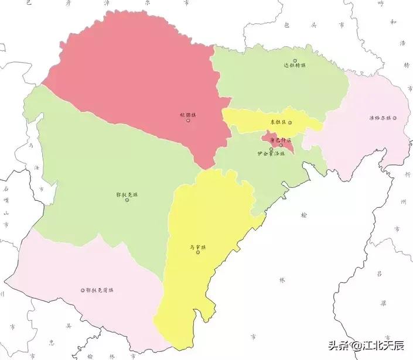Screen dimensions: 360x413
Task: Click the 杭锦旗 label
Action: click(x=187, y=115)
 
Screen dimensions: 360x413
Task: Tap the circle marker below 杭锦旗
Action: click(x=188, y=121)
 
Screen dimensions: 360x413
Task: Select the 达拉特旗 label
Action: click(x=295, y=66)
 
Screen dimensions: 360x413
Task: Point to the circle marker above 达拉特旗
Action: click(x=295, y=60)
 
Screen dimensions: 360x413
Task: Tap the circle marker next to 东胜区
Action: click(x=289, y=122)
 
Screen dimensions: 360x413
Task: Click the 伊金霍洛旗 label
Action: click(x=271, y=153)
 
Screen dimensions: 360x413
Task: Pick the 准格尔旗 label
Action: click(x=380, y=118)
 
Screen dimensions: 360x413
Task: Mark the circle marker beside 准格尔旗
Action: click(x=395, y=118)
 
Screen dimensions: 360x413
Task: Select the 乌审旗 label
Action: click(x=198, y=246)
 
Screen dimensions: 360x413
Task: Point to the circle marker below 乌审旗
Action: click(x=198, y=252)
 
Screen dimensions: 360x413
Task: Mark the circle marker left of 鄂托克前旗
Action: click(x=83, y=290)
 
